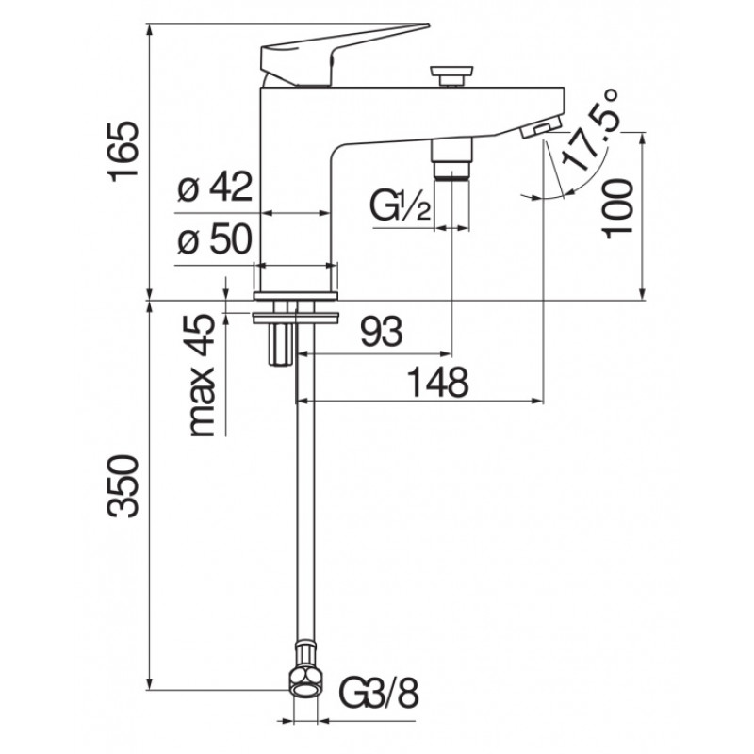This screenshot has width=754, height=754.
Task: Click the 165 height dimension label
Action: (124, 152)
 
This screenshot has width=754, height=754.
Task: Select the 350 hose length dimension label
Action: (123, 486)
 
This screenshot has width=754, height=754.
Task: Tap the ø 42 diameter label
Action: (215, 187)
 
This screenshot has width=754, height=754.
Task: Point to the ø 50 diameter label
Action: (215, 239)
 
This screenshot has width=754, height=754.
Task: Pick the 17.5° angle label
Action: (590, 130)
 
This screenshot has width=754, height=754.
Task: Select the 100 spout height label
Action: (617, 208)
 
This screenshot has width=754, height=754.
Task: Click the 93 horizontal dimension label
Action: (382, 332)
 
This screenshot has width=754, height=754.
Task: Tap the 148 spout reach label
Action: (437, 382)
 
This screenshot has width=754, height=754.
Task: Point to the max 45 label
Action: (202, 375)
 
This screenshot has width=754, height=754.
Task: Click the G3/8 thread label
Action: (379, 693)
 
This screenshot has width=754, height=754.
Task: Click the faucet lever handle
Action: (336, 56)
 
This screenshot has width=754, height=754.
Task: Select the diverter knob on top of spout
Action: (451, 76)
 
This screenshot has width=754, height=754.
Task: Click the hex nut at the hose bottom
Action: (305, 681)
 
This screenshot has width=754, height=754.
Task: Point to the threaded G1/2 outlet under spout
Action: (451, 159)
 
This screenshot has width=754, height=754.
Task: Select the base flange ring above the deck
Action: (296, 296)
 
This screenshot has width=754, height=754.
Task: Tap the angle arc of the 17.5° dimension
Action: (577, 185)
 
